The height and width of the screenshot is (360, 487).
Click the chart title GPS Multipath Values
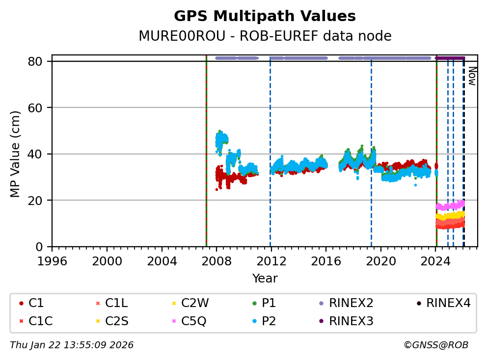pos(265,16)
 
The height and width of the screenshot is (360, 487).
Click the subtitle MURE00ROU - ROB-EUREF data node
pos(265,36)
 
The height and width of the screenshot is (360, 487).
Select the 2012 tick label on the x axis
pos(271,260)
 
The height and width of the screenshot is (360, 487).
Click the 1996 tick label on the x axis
pos(52,260)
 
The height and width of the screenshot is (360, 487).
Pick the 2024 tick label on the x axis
pos(436,260)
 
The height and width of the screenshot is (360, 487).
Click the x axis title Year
pos(265,279)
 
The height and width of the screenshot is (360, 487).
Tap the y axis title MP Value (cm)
pos(15,154)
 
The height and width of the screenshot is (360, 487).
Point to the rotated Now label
pos(472,76)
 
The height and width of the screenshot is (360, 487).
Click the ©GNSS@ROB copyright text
pos(435,345)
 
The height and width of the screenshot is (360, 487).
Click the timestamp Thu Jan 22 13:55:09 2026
pos(72,345)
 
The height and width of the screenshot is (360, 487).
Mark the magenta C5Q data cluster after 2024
pos(450,205)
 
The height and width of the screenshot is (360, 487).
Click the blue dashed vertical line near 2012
pos(270,147)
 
